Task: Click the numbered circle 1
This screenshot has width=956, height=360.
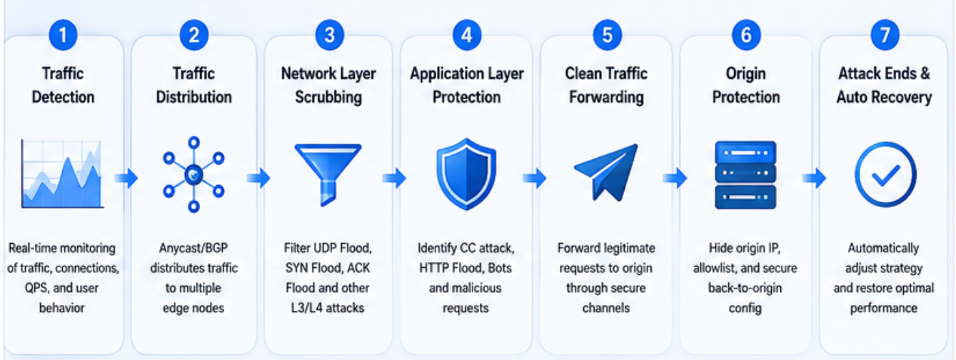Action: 63,35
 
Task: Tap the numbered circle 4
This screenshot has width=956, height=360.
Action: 466,35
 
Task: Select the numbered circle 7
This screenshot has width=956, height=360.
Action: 885,35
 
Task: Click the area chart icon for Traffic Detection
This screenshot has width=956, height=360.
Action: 62,174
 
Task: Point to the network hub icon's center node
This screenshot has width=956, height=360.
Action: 193,175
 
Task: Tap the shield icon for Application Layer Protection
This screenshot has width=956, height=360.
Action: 466,174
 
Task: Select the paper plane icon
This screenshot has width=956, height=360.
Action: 606,173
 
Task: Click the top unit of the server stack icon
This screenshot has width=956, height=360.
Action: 745,152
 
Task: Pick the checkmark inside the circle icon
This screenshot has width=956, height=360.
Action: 885,176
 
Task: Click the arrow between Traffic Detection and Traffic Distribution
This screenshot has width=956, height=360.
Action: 126,178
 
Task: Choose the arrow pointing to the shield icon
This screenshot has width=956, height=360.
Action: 394,178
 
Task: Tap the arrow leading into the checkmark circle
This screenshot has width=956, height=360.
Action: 815,178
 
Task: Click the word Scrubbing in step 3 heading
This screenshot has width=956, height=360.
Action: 328,97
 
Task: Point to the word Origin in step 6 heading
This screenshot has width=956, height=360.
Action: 745,74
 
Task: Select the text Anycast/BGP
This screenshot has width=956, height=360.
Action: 193,248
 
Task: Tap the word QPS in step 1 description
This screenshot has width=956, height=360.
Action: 37,288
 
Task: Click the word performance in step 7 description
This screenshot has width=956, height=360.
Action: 883,309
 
